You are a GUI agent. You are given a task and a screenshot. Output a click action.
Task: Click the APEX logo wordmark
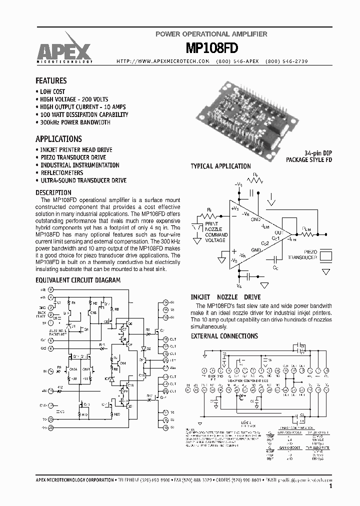(x=63, y=50)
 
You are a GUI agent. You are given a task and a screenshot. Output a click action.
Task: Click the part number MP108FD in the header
(x=211, y=48)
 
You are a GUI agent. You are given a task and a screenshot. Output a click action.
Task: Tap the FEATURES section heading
(x=51, y=80)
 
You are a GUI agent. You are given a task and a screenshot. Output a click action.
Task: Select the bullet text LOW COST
(x=52, y=91)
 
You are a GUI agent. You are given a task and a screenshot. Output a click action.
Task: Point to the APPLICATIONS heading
(x=58, y=139)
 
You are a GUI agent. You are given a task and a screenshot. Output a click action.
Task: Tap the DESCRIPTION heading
(x=53, y=192)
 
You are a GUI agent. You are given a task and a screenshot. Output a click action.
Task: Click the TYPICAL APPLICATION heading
(x=221, y=166)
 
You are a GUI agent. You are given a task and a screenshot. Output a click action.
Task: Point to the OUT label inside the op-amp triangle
(x=279, y=233)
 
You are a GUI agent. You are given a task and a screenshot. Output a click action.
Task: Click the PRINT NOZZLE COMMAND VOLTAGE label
(x=215, y=232)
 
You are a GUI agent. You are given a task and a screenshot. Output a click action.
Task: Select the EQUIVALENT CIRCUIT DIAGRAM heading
(x=78, y=280)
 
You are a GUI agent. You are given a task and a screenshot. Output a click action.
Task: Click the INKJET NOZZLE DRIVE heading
(x=225, y=297)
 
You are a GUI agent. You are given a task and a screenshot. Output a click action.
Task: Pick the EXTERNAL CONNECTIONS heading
(x=224, y=336)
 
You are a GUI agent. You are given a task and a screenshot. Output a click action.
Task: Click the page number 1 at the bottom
(x=331, y=485)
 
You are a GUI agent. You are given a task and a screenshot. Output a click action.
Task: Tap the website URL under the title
(x=162, y=61)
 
